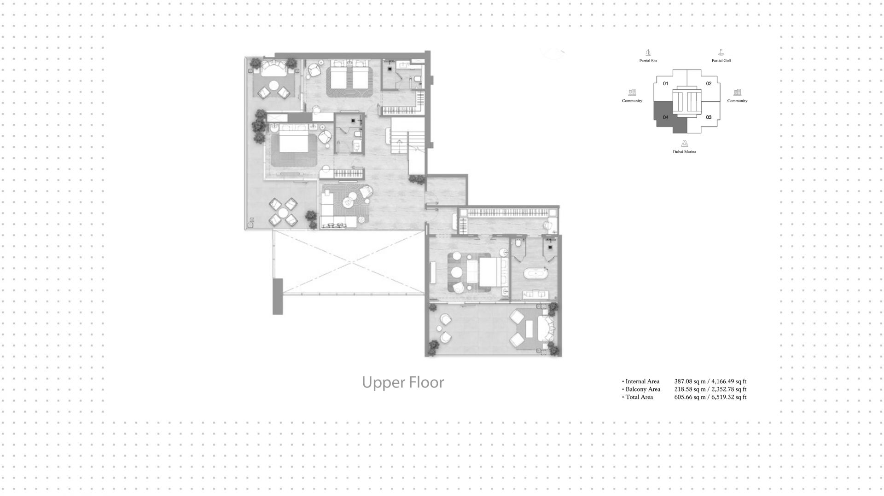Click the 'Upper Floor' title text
(403, 383)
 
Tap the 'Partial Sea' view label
(648, 61)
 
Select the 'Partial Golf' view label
(721, 61)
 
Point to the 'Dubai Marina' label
(685, 152)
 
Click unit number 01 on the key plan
(665, 84)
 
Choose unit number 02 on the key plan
(709, 84)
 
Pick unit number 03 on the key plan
(709, 117)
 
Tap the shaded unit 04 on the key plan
(665, 117)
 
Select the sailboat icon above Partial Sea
(648, 52)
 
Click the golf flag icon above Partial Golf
(721, 52)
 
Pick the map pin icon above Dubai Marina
(685, 144)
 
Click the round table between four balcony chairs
(283, 212)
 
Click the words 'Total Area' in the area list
(639, 397)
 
